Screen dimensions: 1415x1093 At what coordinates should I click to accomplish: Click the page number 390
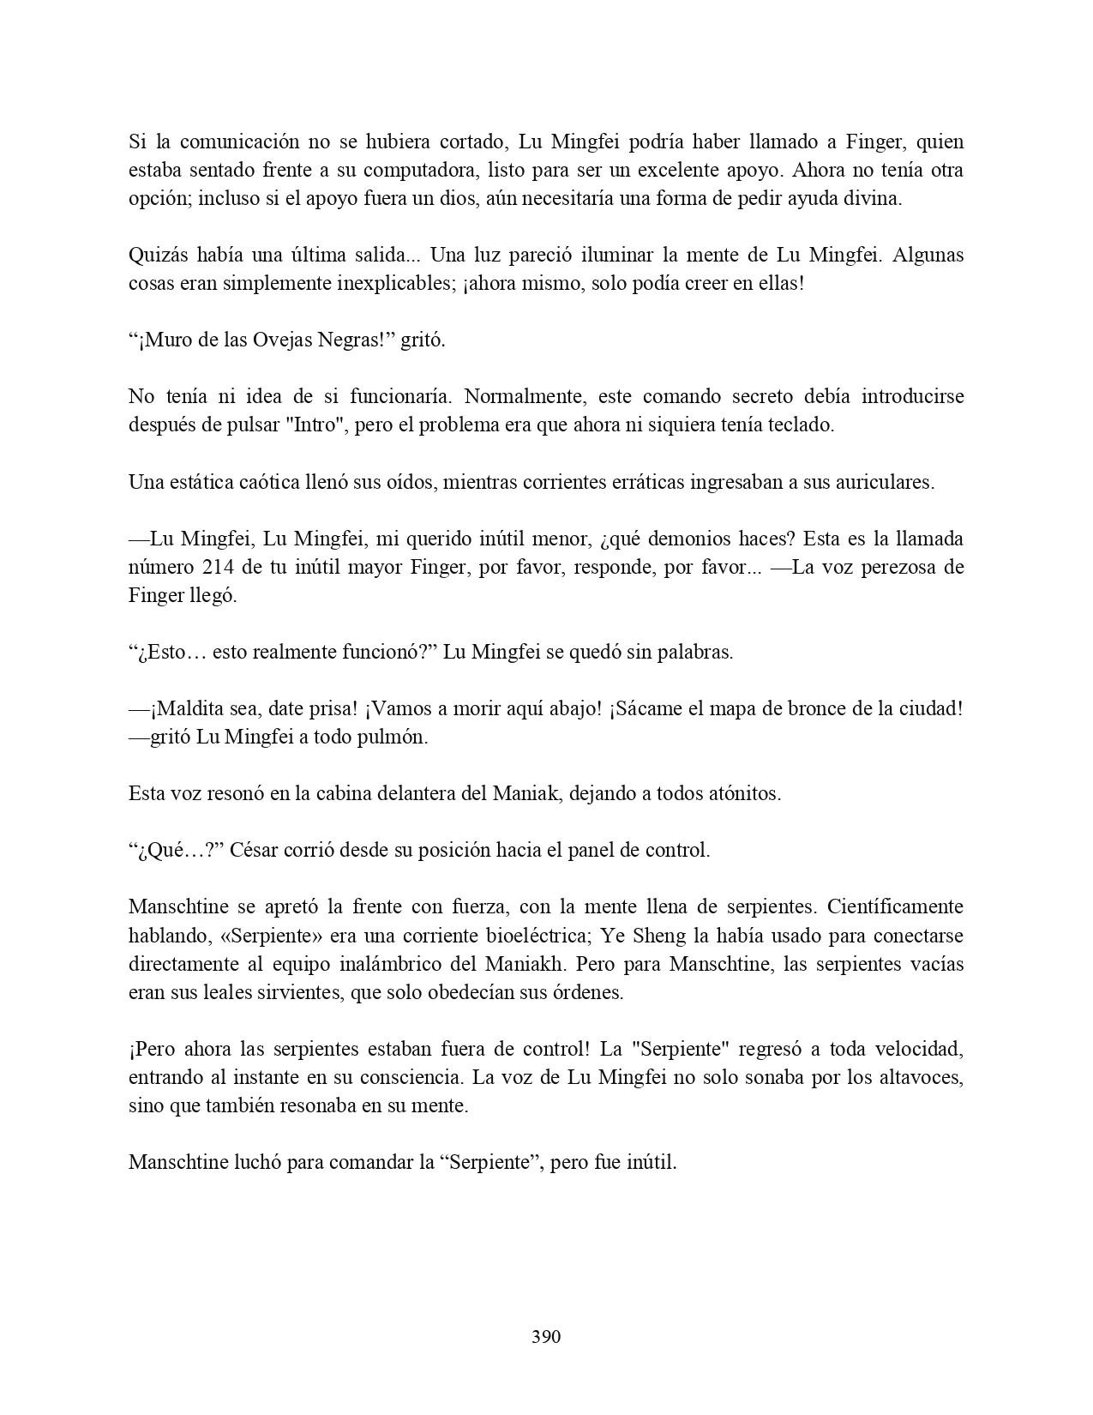pyautogui.click(x=546, y=1336)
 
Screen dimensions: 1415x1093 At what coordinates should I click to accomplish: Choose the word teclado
pyautogui.click(x=800, y=424)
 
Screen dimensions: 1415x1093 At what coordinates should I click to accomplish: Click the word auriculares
pyautogui.click(x=886, y=482)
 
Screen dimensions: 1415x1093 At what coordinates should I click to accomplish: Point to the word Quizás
pyautogui.click(x=158, y=255)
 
